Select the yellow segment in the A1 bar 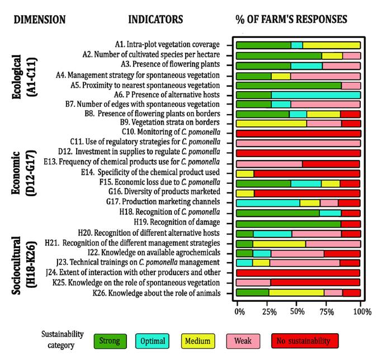click(331, 45)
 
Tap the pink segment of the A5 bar click(351, 86)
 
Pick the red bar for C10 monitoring click(298, 133)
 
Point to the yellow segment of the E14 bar click(245, 173)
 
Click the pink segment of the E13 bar click(269, 164)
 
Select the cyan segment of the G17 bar click(268, 203)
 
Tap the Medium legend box click(199, 340)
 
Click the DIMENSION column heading click(39, 20)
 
